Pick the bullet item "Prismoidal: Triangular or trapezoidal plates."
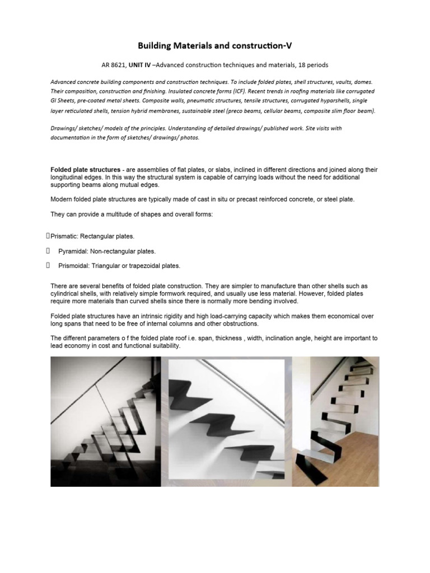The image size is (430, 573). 119,266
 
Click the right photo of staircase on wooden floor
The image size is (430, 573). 335,421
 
